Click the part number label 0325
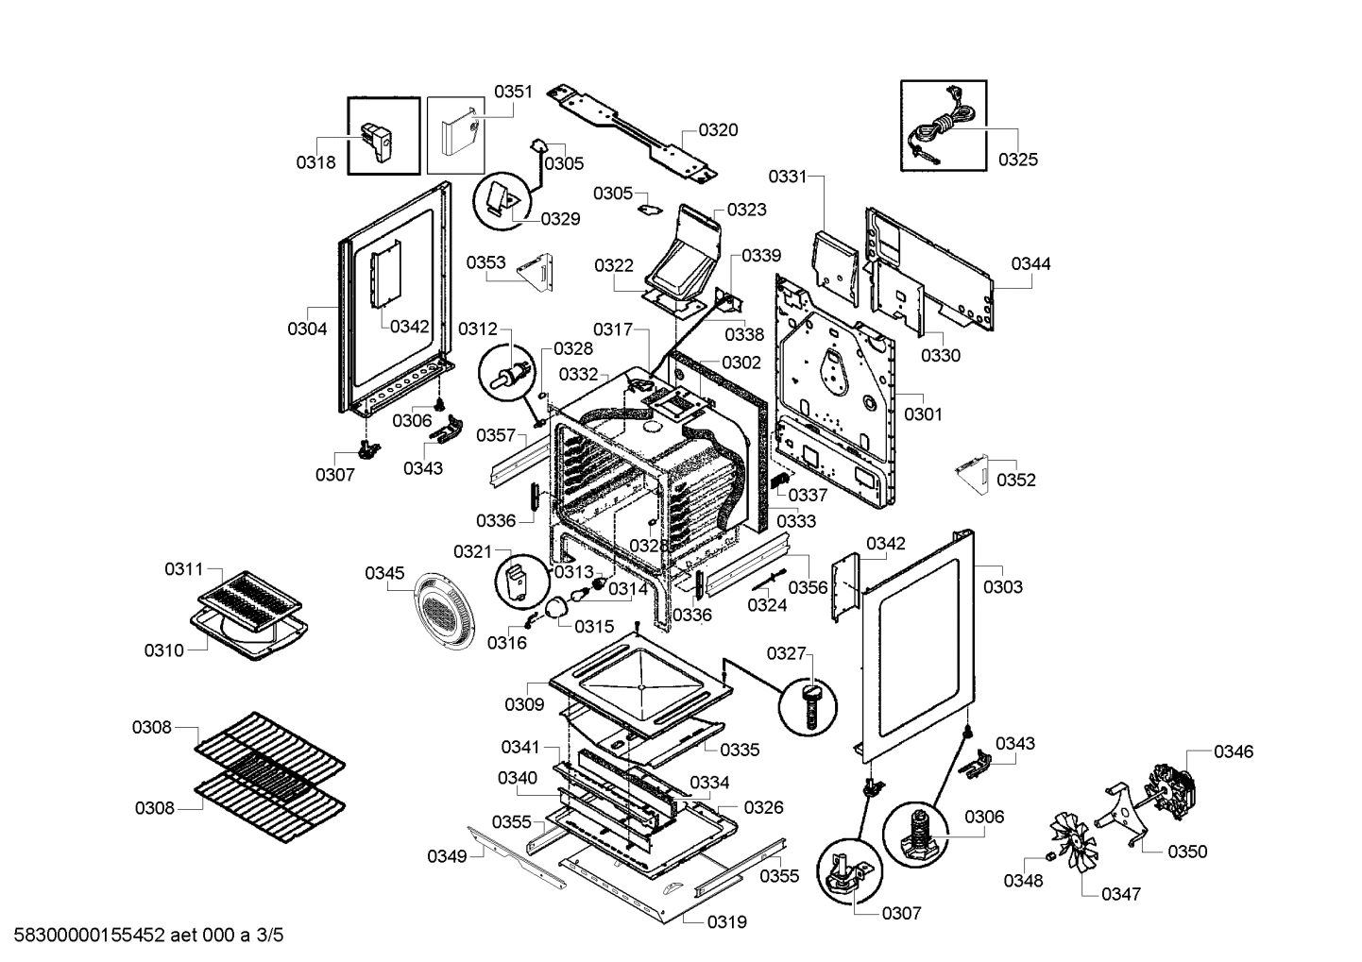(x=1017, y=160)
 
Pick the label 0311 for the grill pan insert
(x=183, y=569)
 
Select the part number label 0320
(x=718, y=130)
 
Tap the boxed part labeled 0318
(x=382, y=138)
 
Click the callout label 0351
(x=513, y=92)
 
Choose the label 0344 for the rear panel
(x=1030, y=264)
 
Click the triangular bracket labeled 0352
(x=972, y=471)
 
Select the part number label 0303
(x=1002, y=587)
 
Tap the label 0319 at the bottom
(x=726, y=921)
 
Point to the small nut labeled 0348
(x=1048, y=857)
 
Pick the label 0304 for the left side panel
(x=307, y=329)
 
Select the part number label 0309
(x=523, y=704)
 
